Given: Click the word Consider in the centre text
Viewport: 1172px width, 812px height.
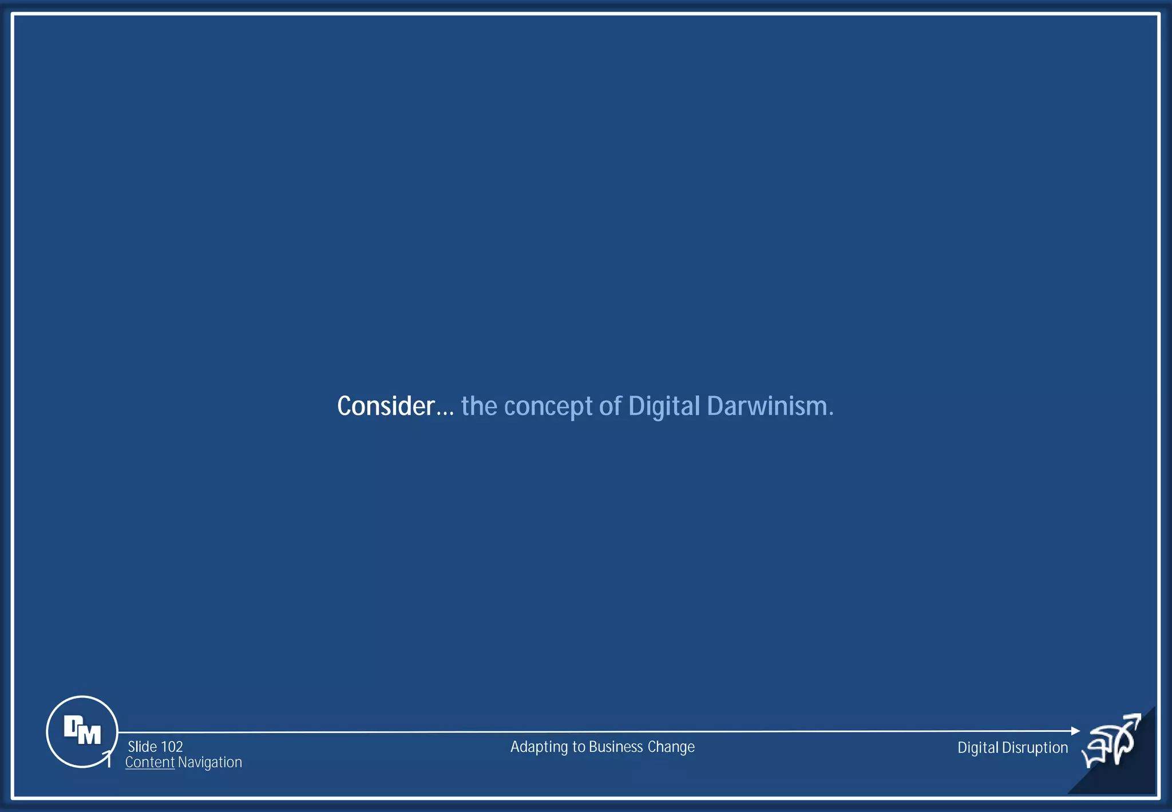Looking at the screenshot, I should point(385,406).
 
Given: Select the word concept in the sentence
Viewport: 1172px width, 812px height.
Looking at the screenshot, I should point(548,407).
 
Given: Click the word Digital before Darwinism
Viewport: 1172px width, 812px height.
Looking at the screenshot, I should point(663,407).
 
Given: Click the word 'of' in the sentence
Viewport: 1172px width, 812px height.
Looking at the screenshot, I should point(610,406).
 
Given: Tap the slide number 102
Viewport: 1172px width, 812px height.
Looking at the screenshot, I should point(172,747).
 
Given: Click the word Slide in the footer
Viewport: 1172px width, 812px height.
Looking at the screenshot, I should point(142,747).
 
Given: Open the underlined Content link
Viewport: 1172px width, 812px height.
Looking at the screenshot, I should point(149,762).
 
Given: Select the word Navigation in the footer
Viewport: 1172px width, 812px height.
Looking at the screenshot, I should point(209,762).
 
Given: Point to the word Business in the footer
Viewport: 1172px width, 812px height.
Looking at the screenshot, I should point(616,747).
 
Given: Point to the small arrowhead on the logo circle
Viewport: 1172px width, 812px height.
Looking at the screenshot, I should point(107,756).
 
